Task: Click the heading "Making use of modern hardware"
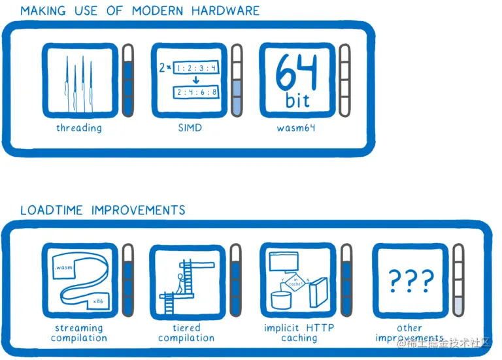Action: tap(139, 10)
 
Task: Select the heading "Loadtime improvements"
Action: tap(103, 210)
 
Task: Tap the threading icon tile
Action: tap(79, 80)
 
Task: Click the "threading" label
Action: tap(79, 128)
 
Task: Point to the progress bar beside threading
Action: tap(128, 80)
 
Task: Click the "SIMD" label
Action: tap(190, 128)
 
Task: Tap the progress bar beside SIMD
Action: tap(237, 80)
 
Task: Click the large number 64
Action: tap(297, 73)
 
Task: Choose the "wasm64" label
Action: tap(296, 128)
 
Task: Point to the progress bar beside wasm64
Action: tap(344, 80)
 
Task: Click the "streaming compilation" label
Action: tap(79, 333)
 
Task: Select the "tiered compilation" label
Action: tap(186, 333)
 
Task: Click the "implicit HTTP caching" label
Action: tap(299, 333)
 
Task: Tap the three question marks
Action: tap(410, 281)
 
